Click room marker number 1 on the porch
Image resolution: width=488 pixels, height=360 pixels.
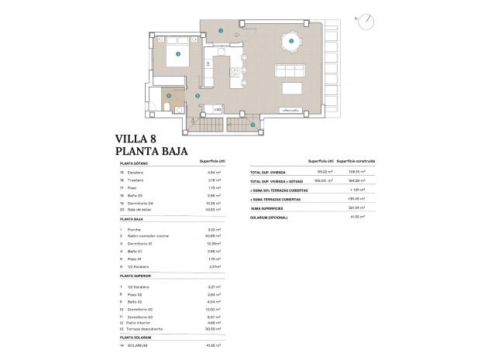click(x=221, y=31)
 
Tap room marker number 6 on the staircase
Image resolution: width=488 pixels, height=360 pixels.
click(x=252, y=124)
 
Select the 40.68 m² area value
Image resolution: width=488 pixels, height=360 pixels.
click(x=213, y=236)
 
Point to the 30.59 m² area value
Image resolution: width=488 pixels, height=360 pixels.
click(x=213, y=328)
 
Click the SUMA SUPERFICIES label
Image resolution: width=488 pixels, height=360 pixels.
click(x=267, y=207)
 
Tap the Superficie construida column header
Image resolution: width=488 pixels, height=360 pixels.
click(x=356, y=161)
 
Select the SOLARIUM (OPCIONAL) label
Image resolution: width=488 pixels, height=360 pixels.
click(x=269, y=217)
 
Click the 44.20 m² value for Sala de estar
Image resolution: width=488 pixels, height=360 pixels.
click(x=213, y=209)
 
